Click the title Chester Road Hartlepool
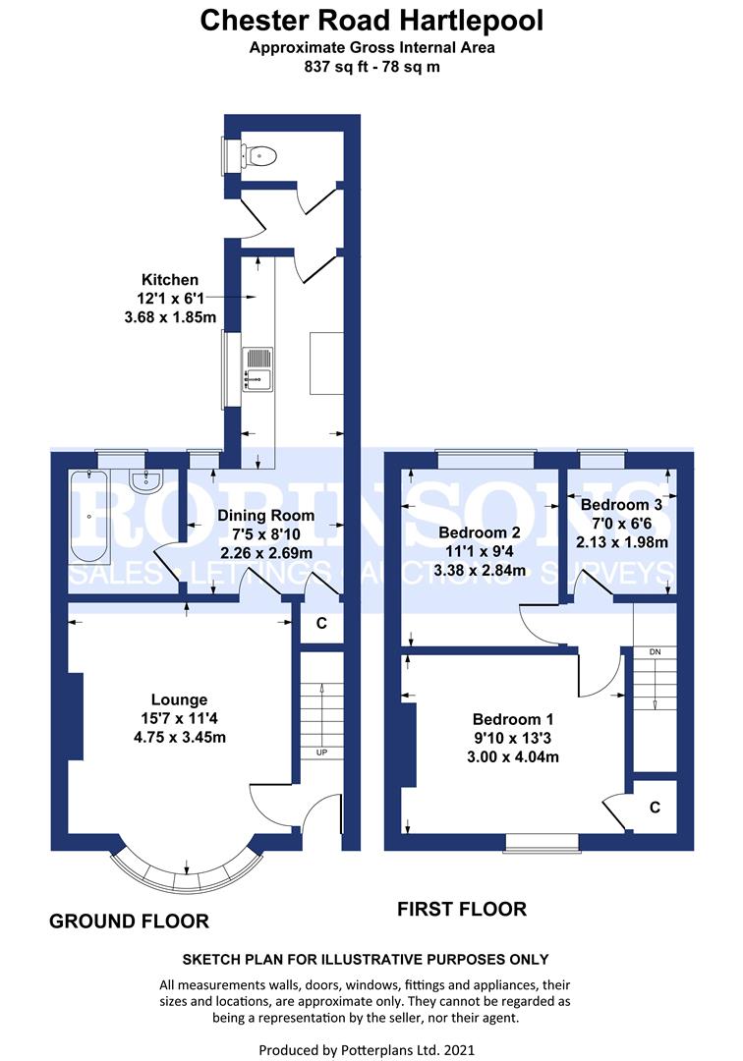point(371,20)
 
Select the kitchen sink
point(257,367)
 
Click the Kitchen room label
point(169,280)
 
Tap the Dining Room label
point(265,515)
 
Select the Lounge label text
point(179,699)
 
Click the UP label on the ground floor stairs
point(320,753)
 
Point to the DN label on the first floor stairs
point(655,651)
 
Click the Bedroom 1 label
point(506,719)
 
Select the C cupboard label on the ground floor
point(320,623)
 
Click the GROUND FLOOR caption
point(129,921)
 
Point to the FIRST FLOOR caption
point(461,909)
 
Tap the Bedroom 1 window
point(543,841)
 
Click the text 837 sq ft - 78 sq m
point(371,67)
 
